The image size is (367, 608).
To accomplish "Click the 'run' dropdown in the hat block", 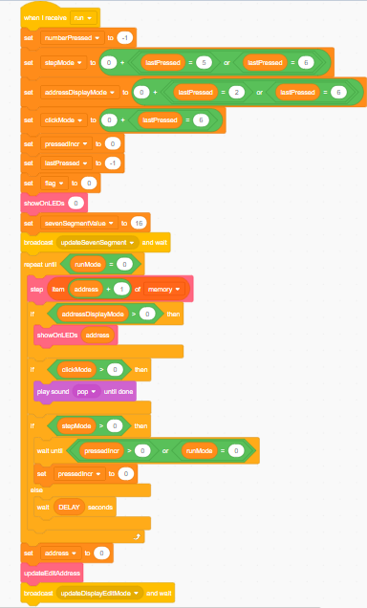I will (x=82, y=17).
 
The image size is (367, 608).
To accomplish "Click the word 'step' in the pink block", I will (x=37, y=288).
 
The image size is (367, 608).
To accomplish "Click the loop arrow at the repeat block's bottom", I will (x=140, y=537).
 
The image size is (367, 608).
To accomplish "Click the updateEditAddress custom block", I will (x=52, y=572).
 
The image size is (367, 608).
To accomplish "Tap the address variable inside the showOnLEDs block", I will (x=97, y=334).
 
